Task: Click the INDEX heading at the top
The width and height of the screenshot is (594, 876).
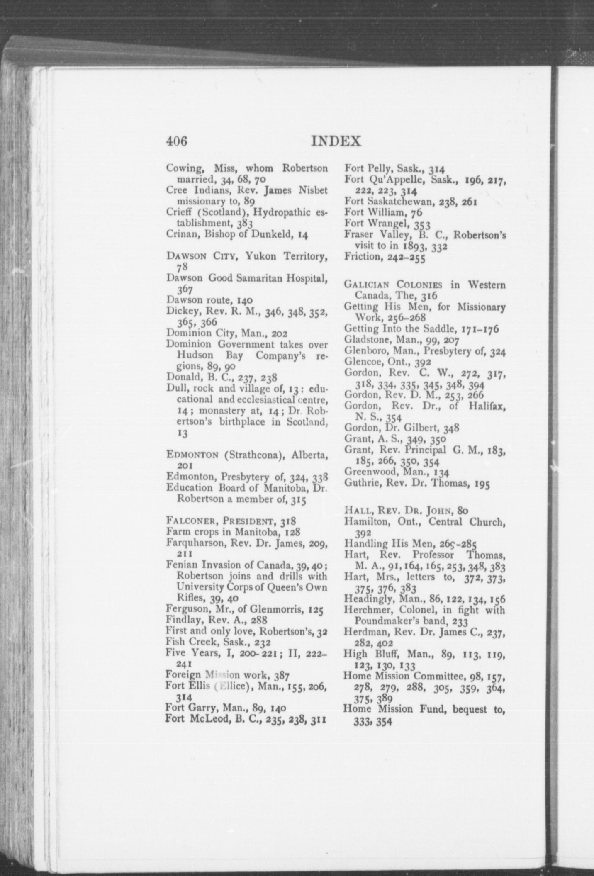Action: click(x=336, y=141)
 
